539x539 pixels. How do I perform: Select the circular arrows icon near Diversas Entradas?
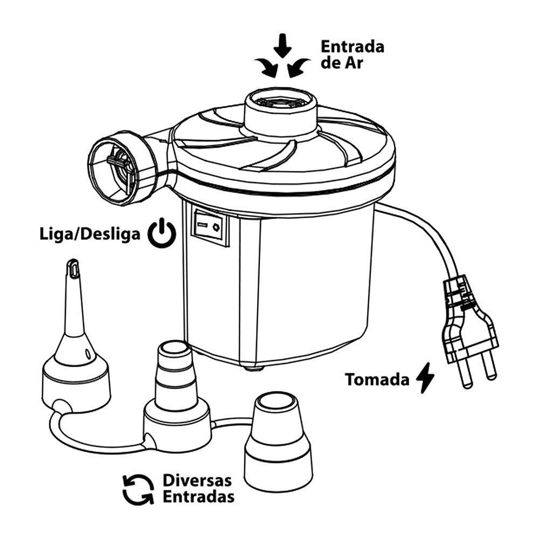coord(138,488)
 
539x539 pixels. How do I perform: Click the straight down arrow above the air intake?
coord(282,46)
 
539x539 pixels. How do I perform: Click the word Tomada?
coord(377,379)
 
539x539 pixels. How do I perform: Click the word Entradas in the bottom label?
coord(198,496)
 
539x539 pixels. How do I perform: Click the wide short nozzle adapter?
coord(278,442)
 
